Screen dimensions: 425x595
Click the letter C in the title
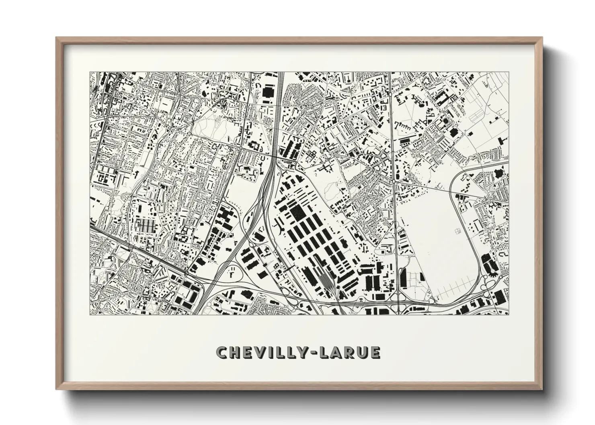point(222,353)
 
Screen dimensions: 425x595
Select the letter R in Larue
point(355,353)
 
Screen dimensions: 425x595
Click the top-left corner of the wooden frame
point(57,38)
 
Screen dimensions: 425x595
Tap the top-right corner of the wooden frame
point(542,38)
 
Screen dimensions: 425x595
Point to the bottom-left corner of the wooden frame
point(57,388)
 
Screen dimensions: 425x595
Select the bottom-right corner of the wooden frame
point(542,388)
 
